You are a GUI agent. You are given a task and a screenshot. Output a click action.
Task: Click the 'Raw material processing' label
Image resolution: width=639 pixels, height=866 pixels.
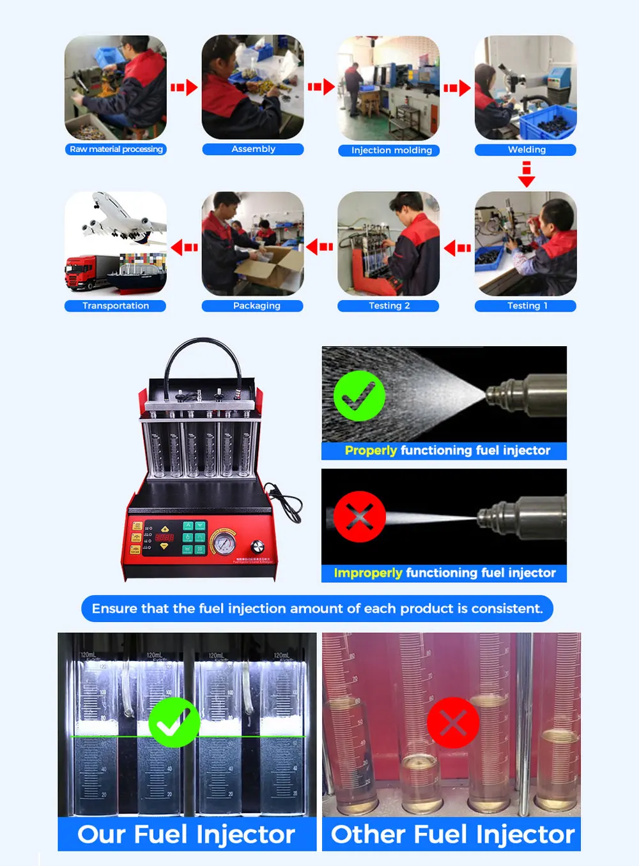click(116, 149)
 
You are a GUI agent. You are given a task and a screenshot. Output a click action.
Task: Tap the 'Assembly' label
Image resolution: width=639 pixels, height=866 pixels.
click(253, 149)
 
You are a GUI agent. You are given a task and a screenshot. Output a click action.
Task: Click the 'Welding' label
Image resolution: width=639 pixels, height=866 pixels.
click(526, 150)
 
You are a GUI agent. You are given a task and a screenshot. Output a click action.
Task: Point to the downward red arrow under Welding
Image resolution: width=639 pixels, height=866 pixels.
click(526, 174)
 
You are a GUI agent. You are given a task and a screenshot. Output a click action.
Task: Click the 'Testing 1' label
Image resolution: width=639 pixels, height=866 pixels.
click(527, 306)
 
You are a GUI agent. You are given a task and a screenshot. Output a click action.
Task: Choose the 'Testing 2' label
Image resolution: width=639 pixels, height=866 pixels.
click(389, 306)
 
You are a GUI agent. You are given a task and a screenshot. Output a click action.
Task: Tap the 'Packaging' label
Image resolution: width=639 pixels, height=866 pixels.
click(256, 306)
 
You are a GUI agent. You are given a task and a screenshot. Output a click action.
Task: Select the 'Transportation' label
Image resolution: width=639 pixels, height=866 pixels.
click(115, 306)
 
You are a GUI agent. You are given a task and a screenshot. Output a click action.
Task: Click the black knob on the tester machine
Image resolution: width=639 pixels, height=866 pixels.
click(258, 546)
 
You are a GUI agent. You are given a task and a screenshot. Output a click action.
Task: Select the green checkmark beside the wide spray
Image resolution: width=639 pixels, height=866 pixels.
click(359, 396)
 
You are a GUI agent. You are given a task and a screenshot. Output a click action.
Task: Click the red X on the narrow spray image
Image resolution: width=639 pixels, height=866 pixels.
click(359, 517)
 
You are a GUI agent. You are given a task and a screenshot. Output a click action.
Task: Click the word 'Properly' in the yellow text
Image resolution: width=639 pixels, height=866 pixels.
click(371, 451)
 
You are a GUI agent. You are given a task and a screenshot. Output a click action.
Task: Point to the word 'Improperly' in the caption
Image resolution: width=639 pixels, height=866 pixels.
click(367, 574)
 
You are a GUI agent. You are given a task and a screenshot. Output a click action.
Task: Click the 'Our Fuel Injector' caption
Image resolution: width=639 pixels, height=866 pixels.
click(186, 835)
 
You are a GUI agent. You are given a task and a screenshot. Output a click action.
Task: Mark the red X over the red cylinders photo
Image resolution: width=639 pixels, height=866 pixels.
click(452, 723)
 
